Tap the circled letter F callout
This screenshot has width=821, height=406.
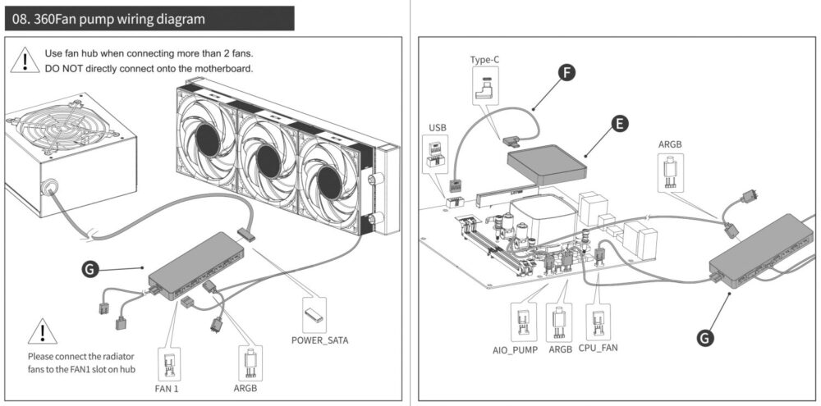pyautogui.click(x=566, y=73)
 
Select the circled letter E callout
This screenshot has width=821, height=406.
pyautogui.click(x=620, y=124)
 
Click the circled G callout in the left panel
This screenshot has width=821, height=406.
pyautogui.click(x=90, y=269)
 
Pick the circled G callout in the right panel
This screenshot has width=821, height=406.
pyautogui.click(x=705, y=337)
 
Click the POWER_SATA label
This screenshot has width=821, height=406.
pyautogui.click(x=320, y=340)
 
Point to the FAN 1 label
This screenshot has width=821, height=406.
pyautogui.click(x=167, y=389)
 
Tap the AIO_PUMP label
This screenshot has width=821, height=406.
pyautogui.click(x=516, y=349)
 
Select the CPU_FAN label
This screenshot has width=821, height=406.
pyautogui.click(x=598, y=348)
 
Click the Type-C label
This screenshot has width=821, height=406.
pyautogui.click(x=485, y=60)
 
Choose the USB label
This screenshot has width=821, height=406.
pyautogui.click(x=438, y=128)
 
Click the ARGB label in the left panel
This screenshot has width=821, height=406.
pyautogui.click(x=245, y=389)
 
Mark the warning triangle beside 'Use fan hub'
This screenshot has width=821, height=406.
pyautogui.click(x=25, y=60)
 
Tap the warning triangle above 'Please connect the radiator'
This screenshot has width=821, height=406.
pyautogui.click(x=43, y=331)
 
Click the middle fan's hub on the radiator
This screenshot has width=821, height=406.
pyautogui.click(x=268, y=161)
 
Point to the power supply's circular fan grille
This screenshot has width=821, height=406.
pyautogui.click(x=57, y=126)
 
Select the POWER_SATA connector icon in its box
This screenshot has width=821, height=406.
pyautogui.click(x=314, y=314)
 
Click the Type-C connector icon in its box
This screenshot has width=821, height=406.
pyautogui.click(x=485, y=88)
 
